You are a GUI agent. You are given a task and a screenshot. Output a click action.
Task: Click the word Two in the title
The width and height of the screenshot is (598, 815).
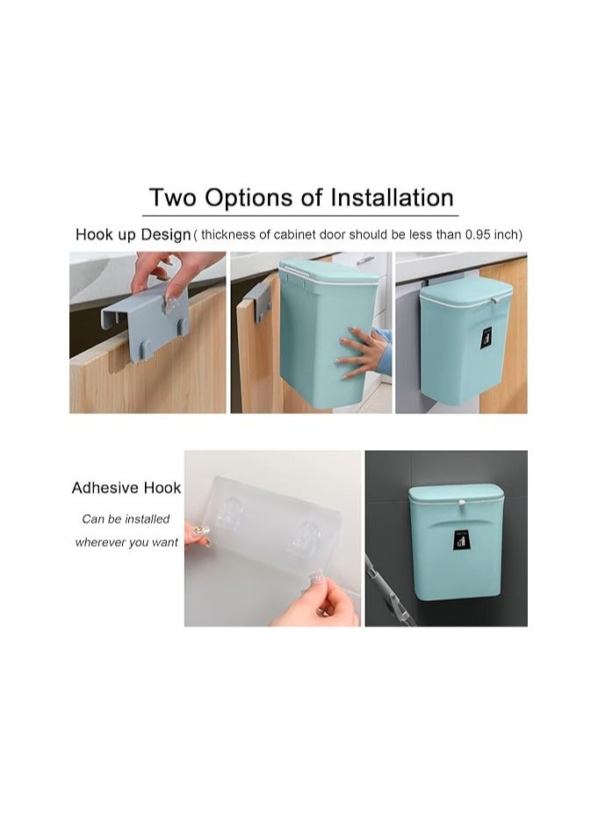(173, 197)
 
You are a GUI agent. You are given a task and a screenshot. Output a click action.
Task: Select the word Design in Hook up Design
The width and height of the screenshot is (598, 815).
(166, 234)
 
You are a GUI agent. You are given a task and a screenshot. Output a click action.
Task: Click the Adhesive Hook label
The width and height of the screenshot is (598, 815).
(126, 488)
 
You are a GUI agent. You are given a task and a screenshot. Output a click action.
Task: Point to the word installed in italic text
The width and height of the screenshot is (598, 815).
(146, 518)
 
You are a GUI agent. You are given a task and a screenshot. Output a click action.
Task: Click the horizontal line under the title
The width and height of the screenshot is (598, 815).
(300, 214)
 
